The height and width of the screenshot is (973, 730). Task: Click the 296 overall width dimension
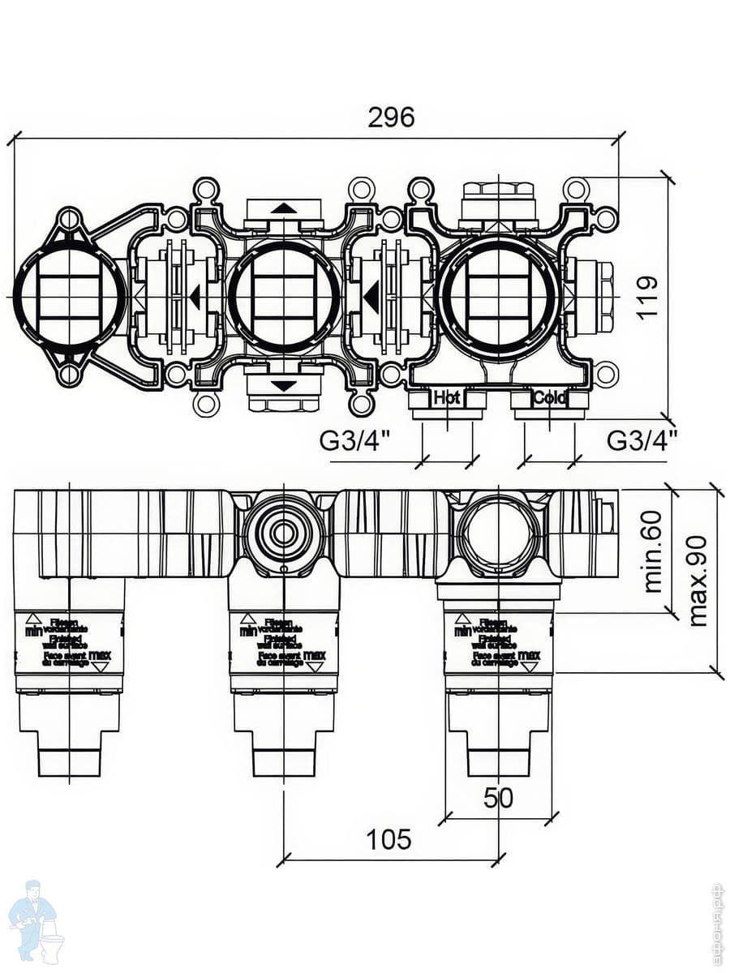391,118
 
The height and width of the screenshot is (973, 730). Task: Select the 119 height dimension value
647,298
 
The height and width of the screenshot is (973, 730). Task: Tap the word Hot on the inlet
447,398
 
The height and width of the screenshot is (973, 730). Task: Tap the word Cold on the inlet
549,398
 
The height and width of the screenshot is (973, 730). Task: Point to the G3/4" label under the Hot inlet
354,441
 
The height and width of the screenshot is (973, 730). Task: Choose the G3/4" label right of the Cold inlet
642,441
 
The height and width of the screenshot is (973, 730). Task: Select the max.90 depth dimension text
698,581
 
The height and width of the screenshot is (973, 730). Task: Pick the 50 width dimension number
498,798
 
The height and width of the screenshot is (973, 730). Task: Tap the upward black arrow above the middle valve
283,208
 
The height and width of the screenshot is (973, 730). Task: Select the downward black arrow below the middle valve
283,386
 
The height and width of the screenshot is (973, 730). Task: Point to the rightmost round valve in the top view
498,296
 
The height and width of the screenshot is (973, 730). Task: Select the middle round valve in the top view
283,296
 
